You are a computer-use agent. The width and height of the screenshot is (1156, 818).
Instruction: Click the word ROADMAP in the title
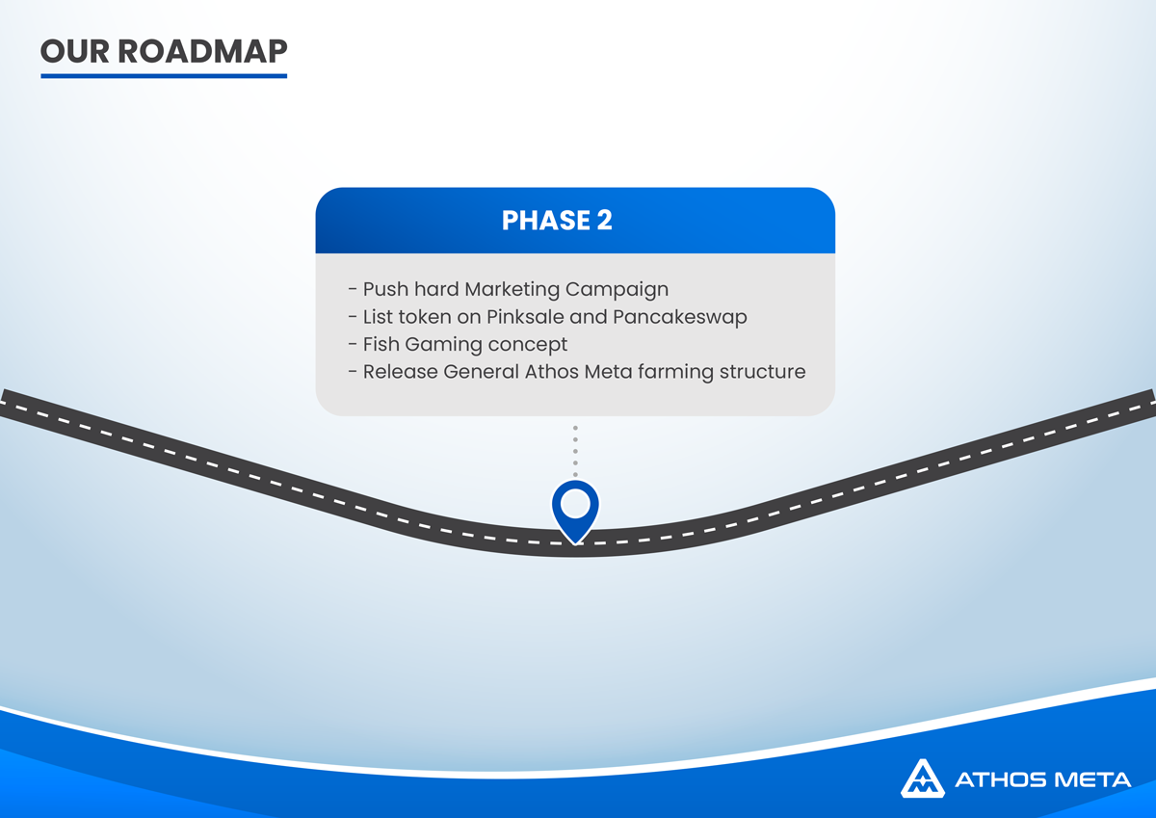click(x=202, y=52)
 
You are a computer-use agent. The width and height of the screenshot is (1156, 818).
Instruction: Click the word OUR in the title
click(x=75, y=52)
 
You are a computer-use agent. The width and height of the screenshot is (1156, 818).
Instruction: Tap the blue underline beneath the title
click(x=164, y=76)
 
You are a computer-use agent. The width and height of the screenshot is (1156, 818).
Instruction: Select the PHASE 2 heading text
click(x=557, y=221)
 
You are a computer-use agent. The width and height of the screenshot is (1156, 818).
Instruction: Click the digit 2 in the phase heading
click(x=605, y=221)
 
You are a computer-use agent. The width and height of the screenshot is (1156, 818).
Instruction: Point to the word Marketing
click(x=512, y=289)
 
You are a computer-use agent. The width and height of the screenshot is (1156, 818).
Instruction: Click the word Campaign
click(x=617, y=289)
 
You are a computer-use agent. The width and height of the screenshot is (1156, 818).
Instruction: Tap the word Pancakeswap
click(x=680, y=317)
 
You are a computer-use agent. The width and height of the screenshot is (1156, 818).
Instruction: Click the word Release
click(x=400, y=372)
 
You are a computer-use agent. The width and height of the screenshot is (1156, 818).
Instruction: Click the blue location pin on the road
click(x=575, y=511)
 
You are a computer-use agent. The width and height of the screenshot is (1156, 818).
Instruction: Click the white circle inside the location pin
click(x=575, y=503)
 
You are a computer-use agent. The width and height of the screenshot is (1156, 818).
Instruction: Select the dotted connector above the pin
click(x=575, y=451)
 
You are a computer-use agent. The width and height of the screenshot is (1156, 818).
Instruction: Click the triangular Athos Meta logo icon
click(x=923, y=778)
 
